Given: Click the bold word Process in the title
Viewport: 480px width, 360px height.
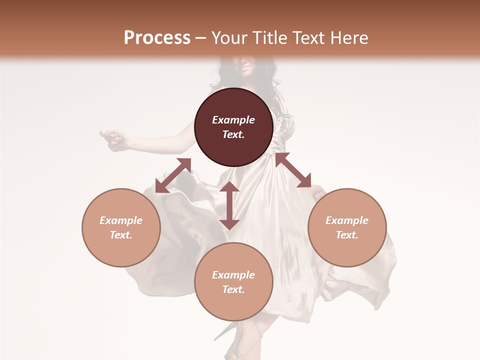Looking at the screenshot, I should pyautogui.click(x=157, y=38).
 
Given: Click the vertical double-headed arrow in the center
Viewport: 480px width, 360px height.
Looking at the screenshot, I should pyautogui.click(x=229, y=205).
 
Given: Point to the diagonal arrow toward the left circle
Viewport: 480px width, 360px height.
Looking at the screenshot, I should pyautogui.click(x=173, y=175).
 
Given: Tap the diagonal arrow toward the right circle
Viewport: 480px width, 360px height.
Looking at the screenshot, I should pyautogui.click(x=293, y=170).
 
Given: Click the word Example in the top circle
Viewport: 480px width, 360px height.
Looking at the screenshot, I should pyautogui.click(x=233, y=120).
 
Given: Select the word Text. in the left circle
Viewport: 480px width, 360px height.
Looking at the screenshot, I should pyautogui.click(x=121, y=235).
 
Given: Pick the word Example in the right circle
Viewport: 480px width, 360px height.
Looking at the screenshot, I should pyautogui.click(x=347, y=220).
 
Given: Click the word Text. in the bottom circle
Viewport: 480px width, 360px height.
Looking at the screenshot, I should pyautogui.click(x=233, y=289).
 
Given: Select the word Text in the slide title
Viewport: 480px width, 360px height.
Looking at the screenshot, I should pyautogui.click(x=310, y=38).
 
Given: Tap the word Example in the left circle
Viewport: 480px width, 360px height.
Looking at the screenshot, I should pyautogui.click(x=121, y=220).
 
